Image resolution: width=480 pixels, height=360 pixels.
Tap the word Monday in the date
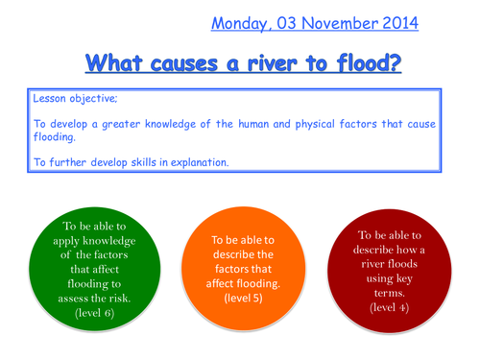point(240,22)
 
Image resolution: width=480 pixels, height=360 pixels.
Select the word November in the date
point(339,22)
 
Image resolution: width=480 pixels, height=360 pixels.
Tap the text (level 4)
point(390,307)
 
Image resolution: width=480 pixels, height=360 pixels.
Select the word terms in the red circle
point(390,292)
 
